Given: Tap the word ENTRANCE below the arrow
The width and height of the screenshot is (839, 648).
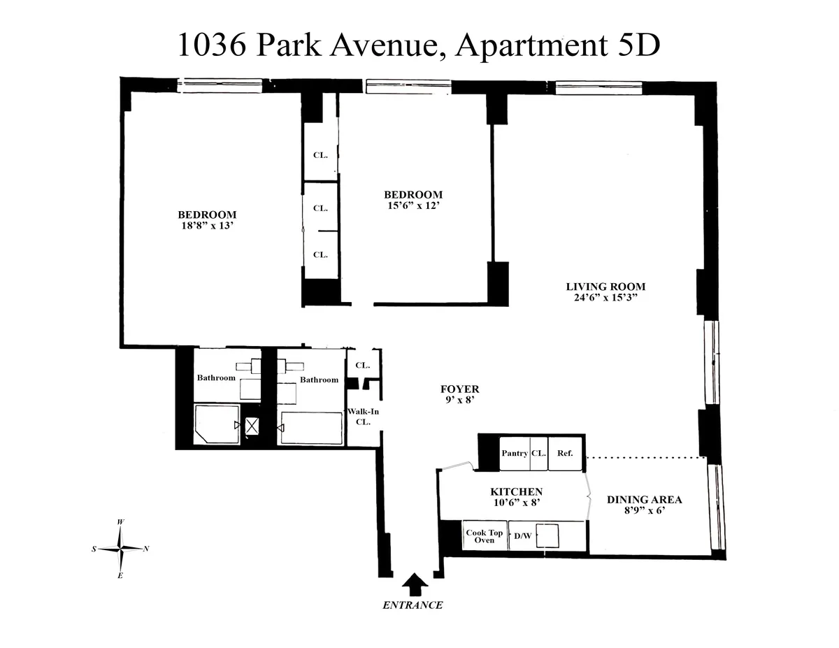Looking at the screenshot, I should point(413,605).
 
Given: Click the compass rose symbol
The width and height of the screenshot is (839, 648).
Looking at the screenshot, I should point(121,549).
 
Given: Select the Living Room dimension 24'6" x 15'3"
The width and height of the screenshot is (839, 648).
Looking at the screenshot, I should point(605,297).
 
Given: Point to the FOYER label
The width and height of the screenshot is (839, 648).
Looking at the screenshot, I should point(459,389).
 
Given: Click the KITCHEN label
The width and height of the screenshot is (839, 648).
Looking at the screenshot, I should point(516,492).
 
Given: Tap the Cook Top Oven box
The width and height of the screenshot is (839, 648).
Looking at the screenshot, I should point(485,536).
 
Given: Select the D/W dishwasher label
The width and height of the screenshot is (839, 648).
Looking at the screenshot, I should point(522,536).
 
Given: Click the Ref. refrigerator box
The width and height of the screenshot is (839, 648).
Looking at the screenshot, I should point(565,453).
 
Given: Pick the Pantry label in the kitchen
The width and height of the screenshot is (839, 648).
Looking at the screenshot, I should point(515,453).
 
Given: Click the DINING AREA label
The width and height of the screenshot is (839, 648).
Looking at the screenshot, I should point(644,500).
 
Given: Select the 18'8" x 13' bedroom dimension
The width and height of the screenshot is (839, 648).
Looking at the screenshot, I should point(207,226).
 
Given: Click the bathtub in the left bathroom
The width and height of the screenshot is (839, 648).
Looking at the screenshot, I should point(216,423).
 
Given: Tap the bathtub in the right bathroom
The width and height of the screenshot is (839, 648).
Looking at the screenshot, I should point(312,427).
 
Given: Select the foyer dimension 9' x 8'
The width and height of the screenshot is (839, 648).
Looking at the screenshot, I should point(459,401).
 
